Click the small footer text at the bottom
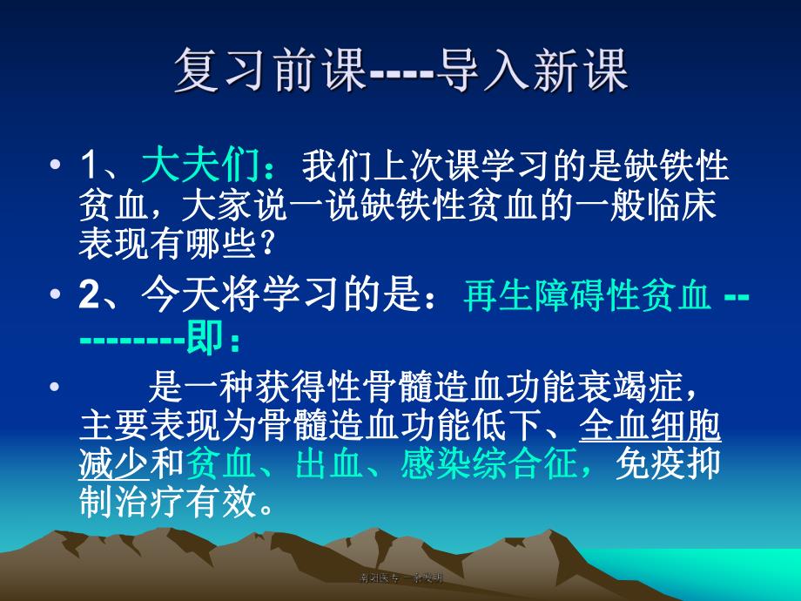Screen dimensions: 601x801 click(x=401, y=577)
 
